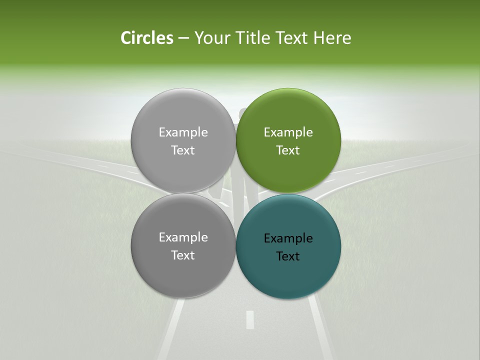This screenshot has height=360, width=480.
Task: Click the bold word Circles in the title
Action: (x=146, y=38)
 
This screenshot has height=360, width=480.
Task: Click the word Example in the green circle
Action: (x=288, y=132)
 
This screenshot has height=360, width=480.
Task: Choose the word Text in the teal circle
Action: (x=288, y=256)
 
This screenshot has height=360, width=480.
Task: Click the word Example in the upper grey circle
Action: (x=183, y=132)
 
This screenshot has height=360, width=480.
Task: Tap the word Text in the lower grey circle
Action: (x=183, y=255)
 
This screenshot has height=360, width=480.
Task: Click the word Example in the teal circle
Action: (x=288, y=238)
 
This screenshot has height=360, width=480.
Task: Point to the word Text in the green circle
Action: (x=288, y=150)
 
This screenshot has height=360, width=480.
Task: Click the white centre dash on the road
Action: (x=250, y=319)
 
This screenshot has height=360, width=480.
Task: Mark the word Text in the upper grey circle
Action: (x=183, y=150)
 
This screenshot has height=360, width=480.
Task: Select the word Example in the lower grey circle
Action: (x=183, y=237)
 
